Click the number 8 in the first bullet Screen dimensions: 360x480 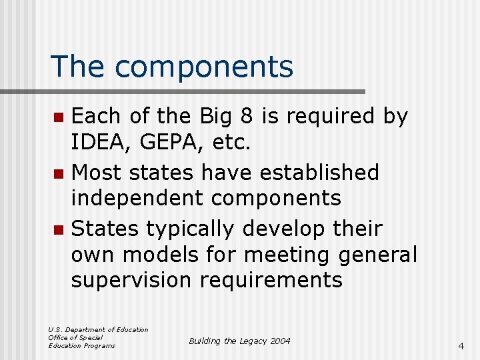[x=245, y=116]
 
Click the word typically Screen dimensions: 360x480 [x=191, y=229]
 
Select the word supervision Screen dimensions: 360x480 [x=132, y=280]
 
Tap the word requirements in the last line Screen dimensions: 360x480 [x=274, y=280]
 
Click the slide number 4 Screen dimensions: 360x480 [x=461, y=346]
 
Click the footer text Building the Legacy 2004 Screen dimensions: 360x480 [x=239, y=341]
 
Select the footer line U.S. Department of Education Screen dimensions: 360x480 [x=98, y=329]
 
